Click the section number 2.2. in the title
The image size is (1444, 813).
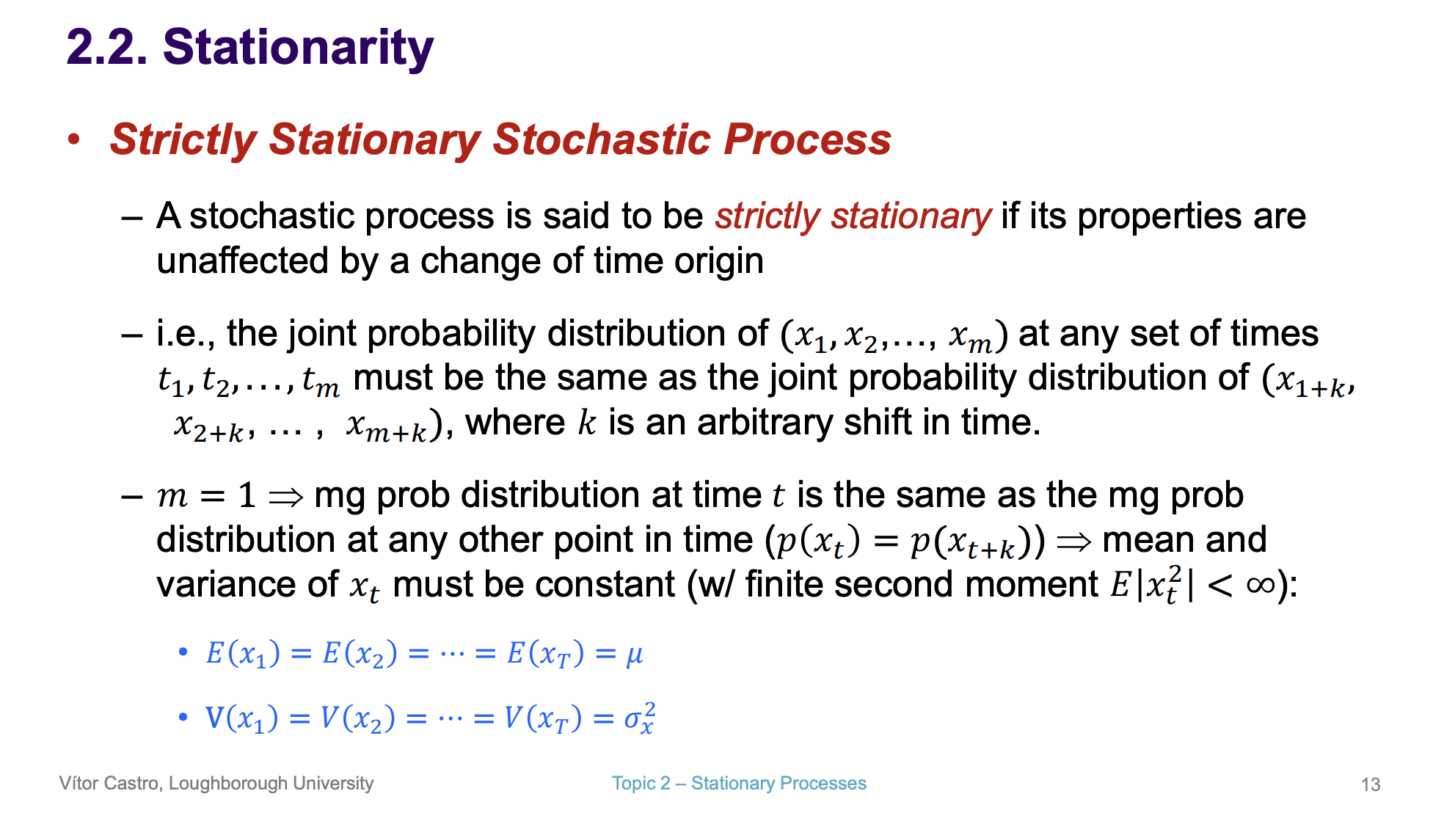107,48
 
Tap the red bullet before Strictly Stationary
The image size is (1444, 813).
73,139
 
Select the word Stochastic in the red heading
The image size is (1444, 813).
601,139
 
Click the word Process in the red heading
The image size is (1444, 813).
807,139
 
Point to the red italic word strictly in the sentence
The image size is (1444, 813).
767,216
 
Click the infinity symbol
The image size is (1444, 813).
1261,585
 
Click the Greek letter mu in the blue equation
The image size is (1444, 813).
634,654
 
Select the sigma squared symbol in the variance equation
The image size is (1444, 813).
638,718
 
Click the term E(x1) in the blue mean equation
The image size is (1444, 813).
243,653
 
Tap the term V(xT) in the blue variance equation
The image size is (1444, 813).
543,718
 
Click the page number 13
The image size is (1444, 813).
1370,784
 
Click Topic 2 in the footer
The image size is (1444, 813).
641,784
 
